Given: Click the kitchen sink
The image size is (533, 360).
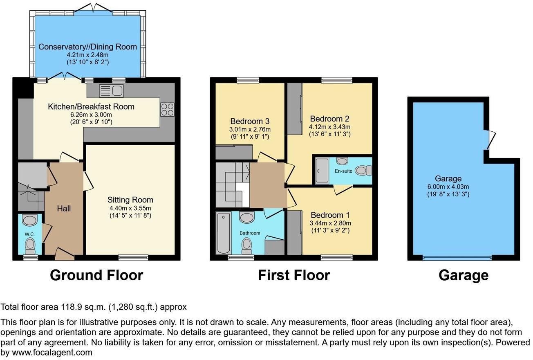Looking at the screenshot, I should click(111, 90).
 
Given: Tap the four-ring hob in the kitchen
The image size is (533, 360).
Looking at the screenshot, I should click(168, 109).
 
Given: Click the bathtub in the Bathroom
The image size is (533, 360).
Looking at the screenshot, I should click(224, 233).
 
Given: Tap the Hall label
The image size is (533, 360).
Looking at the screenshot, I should click(64, 209).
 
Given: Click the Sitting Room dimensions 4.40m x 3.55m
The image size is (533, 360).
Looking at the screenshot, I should click(130, 208).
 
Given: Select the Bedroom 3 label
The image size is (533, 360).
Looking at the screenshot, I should click(250, 122).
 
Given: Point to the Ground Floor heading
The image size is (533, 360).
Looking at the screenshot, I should click(96, 275).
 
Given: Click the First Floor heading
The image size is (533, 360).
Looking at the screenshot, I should click(293, 275).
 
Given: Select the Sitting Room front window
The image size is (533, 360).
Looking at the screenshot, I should click(133, 257).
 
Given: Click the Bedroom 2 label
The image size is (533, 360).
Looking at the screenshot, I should click(329, 119).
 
